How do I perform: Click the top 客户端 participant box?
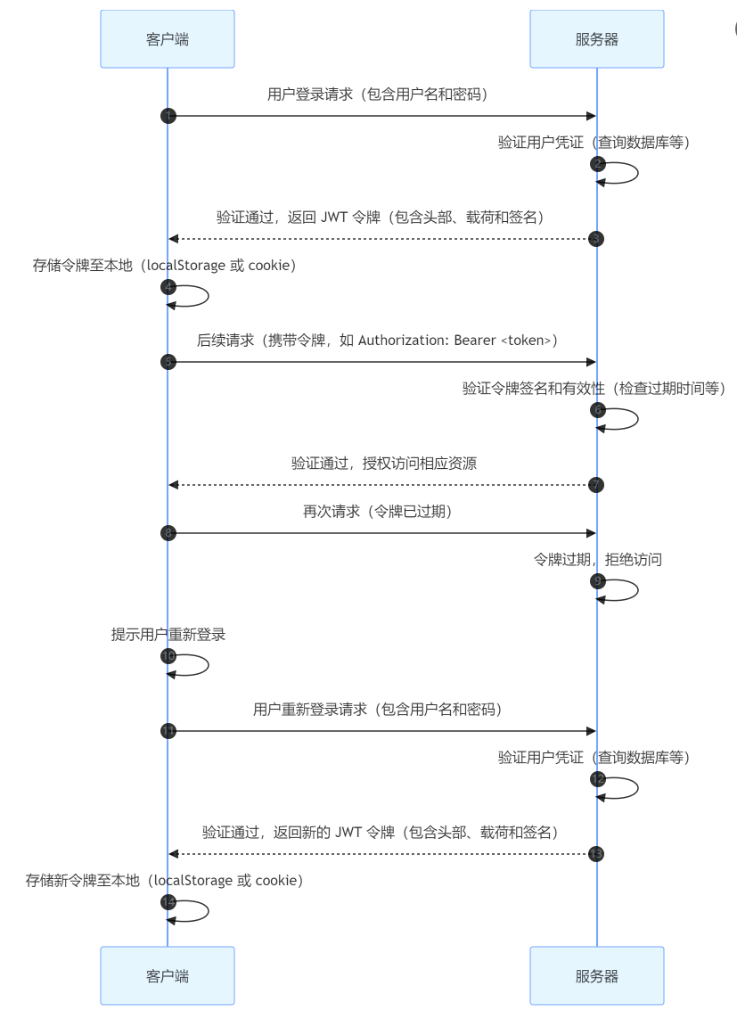click(x=168, y=39)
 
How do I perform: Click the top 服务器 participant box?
click(x=597, y=39)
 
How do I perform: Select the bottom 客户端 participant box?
click(x=168, y=976)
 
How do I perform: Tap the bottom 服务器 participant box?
click(x=597, y=976)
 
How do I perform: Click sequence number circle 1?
click(x=168, y=116)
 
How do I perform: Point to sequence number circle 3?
click(x=597, y=239)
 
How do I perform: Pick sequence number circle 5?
click(x=168, y=362)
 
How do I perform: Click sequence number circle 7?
click(x=597, y=485)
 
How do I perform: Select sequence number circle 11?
click(x=168, y=731)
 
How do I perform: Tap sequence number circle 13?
click(x=597, y=854)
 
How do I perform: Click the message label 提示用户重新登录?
click(x=168, y=635)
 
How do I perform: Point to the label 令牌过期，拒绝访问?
click(x=598, y=560)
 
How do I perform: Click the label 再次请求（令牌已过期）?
click(x=383, y=512)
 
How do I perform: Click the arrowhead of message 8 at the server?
click(x=591, y=533)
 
